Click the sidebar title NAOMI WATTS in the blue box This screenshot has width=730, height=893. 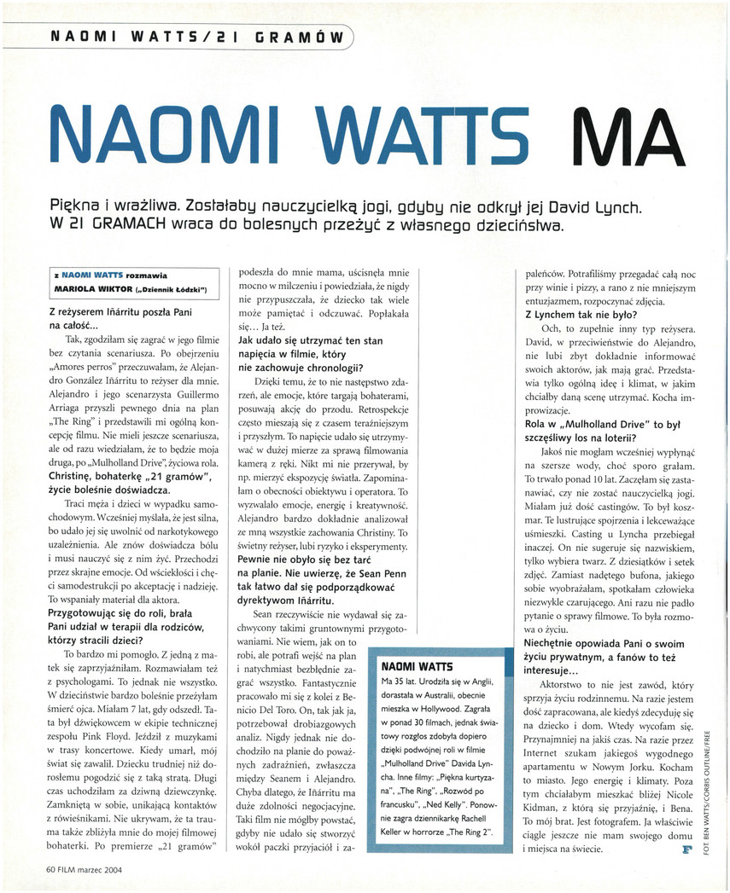[x=418, y=665]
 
